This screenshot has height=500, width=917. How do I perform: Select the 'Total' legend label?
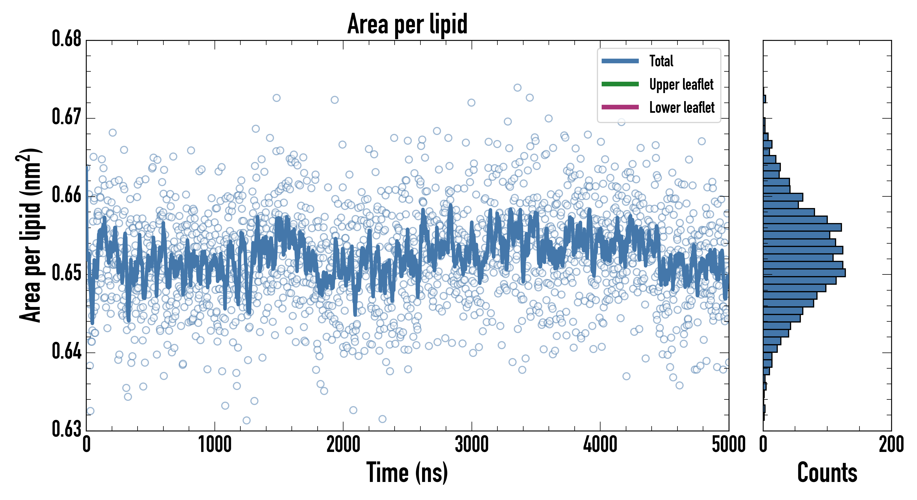coord(661,61)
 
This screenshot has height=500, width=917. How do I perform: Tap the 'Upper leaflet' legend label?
coord(681,84)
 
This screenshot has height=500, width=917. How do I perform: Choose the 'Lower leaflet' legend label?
coord(682,107)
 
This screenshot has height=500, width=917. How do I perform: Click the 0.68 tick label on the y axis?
coord(67,39)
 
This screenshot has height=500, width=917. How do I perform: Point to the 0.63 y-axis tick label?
coord(67,429)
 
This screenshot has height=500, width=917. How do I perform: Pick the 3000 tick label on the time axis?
coord(471,445)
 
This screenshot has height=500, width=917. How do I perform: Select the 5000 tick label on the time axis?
coord(728,445)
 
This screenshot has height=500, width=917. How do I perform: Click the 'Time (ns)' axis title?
coord(407,472)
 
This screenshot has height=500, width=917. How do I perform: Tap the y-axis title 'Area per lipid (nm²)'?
coord(30,235)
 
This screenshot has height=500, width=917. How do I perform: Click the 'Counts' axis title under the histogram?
coord(827,472)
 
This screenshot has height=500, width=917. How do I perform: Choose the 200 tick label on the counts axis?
coord(891,445)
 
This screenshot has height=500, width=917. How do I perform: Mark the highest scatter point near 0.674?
coord(517,87)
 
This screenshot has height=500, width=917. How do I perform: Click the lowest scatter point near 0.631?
coord(246,420)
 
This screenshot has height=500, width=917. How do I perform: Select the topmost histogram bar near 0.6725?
coord(764,99)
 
